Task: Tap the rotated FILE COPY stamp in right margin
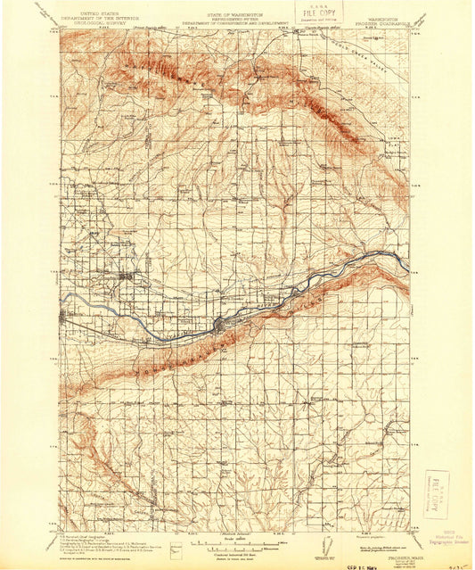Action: (436, 496)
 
